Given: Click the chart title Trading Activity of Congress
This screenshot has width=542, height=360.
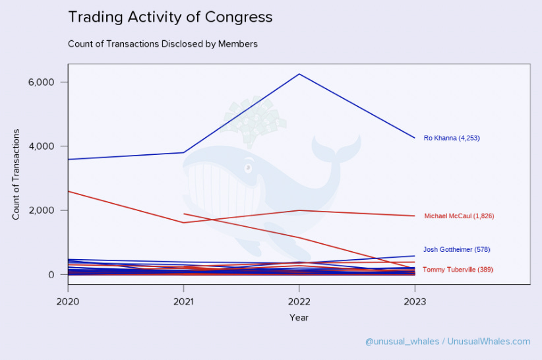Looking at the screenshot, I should (x=170, y=17).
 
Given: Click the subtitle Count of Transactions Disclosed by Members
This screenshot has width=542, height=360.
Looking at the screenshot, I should (x=162, y=44).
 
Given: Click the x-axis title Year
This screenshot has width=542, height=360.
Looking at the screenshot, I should (x=299, y=318).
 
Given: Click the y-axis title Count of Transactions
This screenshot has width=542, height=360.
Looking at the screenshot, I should (x=16, y=174).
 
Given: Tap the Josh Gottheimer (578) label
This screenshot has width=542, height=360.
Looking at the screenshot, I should (x=456, y=250).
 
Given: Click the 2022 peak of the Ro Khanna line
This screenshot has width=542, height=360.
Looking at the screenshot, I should (x=299, y=74).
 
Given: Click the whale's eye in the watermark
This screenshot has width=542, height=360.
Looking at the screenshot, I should (x=249, y=167).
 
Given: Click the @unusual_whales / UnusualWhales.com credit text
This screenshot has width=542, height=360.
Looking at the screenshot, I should (x=447, y=342).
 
